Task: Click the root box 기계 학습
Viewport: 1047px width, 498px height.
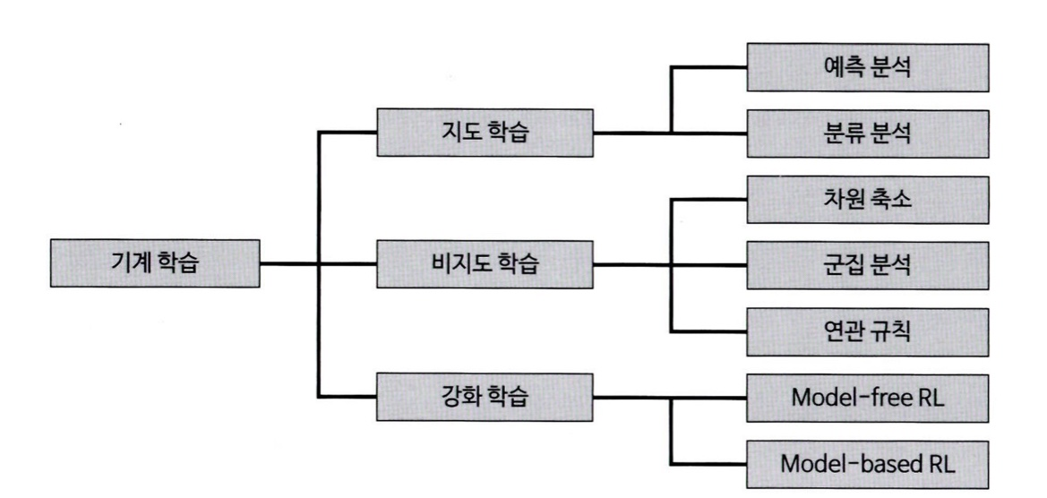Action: (x=156, y=264)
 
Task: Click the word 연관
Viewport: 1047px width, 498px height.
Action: (x=843, y=330)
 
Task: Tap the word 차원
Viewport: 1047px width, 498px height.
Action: (x=843, y=199)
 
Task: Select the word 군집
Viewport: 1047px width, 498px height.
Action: (x=843, y=264)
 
